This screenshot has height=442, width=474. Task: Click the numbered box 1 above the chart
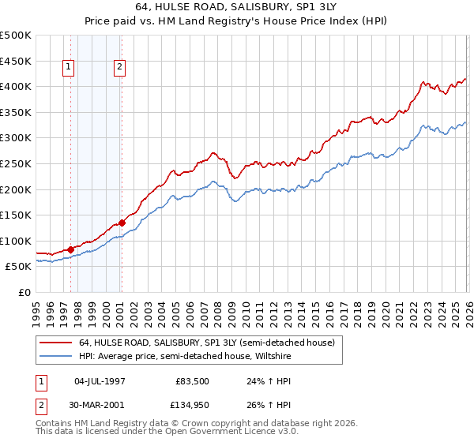[70, 68]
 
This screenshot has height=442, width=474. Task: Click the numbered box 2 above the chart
[119, 68]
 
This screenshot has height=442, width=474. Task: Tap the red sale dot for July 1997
[70, 249]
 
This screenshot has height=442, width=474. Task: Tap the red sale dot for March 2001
[122, 223]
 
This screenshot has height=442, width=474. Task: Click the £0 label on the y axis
[24, 292]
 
